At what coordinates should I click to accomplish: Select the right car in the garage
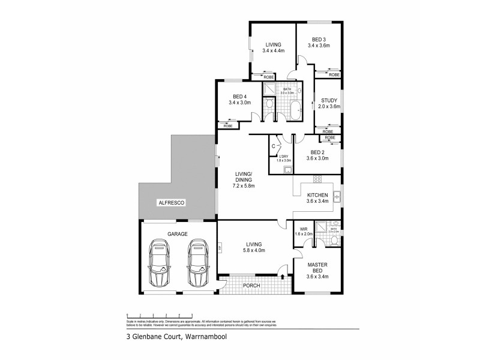pyautogui.click(x=196, y=263)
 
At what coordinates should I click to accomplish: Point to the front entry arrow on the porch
pyautogui.click(x=283, y=277)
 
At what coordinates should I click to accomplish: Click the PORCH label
pyautogui.click(x=251, y=286)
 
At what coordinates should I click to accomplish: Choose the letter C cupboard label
pyautogui.click(x=274, y=146)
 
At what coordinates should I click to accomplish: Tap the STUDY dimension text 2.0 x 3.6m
pyautogui.click(x=329, y=107)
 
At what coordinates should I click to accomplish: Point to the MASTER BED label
pyautogui.click(x=317, y=269)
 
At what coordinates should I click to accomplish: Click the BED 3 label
pyautogui.click(x=319, y=38)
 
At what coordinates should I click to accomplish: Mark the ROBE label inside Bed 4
pyautogui.click(x=228, y=126)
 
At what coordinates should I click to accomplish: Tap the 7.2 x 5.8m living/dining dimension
pyautogui.click(x=244, y=186)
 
